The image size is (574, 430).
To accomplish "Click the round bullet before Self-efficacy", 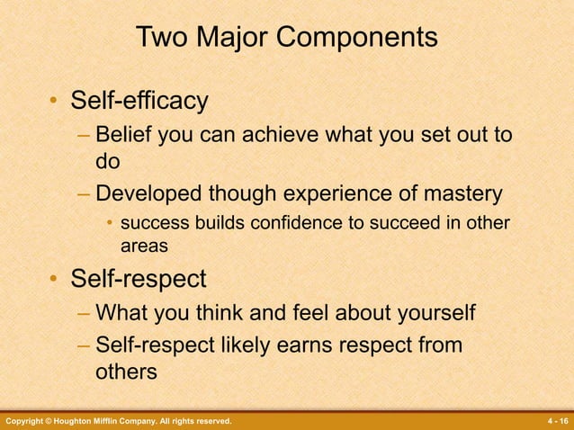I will point(55,102).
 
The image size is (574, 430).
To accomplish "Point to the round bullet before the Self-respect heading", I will point(55,282).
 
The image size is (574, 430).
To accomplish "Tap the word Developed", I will point(150,193).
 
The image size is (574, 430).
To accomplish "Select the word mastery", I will point(458,193).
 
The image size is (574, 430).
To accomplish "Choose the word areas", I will point(144,244).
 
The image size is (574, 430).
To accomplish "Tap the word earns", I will point(301,344).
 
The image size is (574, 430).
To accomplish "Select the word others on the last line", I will point(126,372).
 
